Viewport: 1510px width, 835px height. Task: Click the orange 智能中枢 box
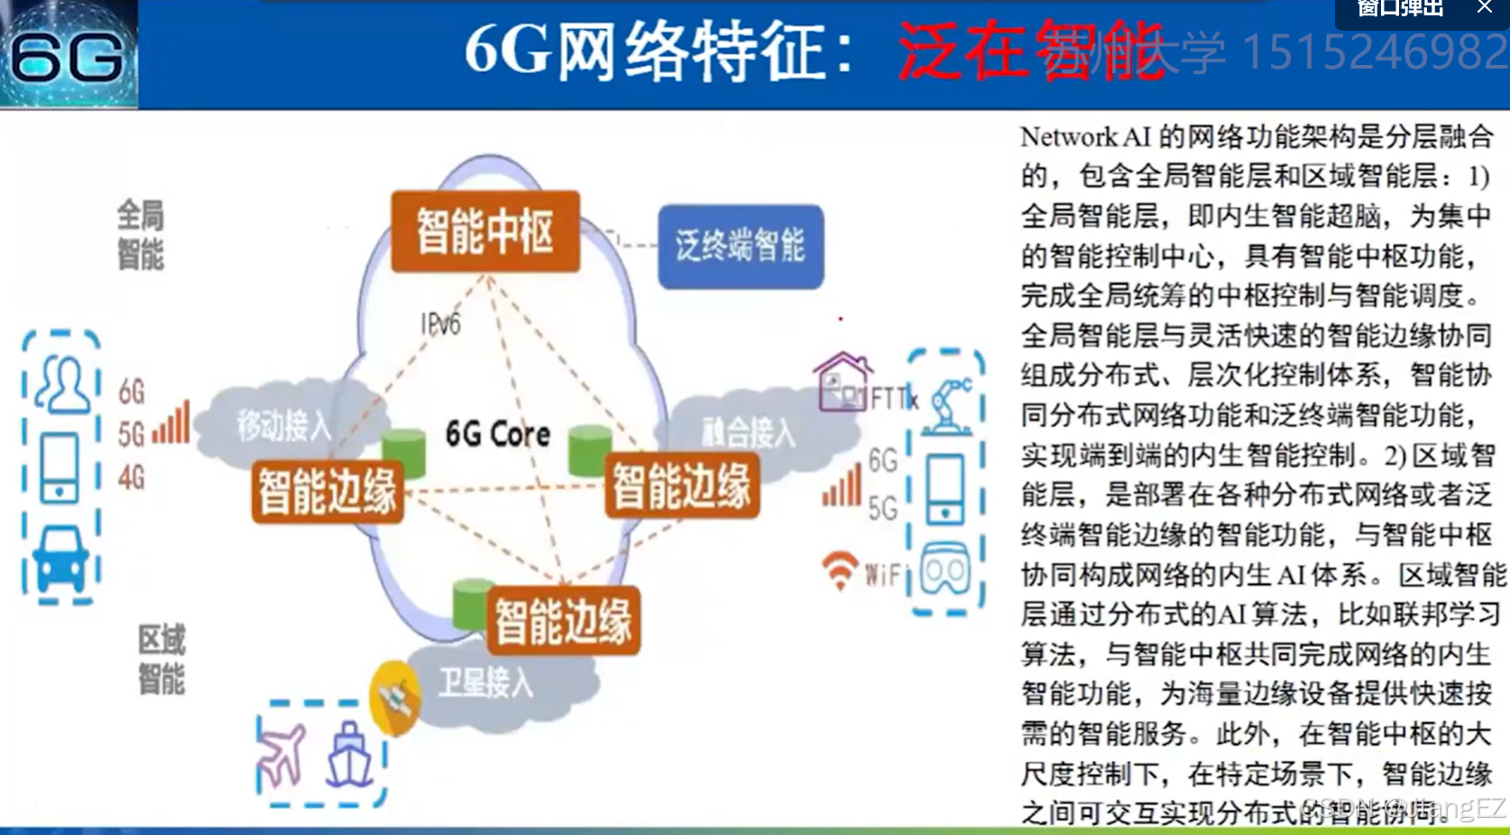click(485, 232)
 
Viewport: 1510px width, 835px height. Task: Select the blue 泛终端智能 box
click(741, 246)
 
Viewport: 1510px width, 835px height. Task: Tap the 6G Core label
click(498, 435)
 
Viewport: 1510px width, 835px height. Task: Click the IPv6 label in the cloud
click(440, 324)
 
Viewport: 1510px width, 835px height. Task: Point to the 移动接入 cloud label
click(284, 425)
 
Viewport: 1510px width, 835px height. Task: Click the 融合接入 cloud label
click(749, 433)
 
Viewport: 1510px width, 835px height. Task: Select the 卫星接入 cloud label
click(486, 683)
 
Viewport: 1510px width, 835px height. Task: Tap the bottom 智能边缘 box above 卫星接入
click(563, 621)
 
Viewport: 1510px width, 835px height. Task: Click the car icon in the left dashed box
click(60, 559)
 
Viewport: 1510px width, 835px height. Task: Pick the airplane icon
click(282, 754)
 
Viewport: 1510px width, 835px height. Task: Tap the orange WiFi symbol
click(840, 570)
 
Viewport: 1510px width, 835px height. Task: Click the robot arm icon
click(949, 403)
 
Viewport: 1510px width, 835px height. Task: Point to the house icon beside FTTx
click(842, 381)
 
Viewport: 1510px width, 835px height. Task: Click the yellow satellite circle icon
click(395, 698)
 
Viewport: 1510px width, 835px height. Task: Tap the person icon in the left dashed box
click(61, 384)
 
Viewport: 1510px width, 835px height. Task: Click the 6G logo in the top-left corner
click(69, 55)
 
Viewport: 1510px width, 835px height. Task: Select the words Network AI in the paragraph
click(1085, 137)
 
